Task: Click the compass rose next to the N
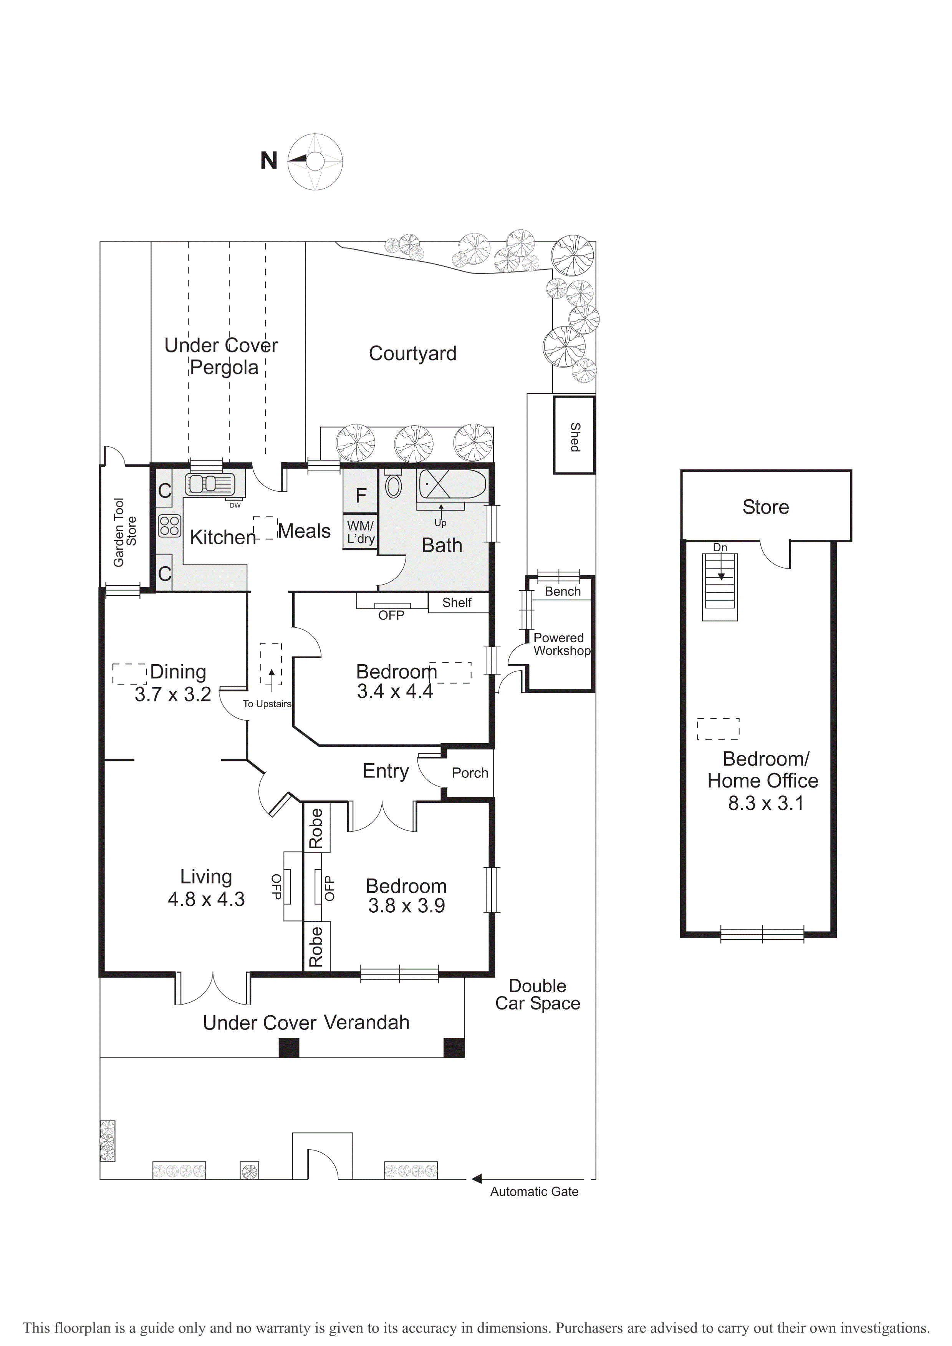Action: coord(315,162)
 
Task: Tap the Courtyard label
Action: coord(413,353)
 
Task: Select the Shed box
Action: coord(575,435)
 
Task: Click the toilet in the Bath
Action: coord(393,484)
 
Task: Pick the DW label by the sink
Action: coord(235,506)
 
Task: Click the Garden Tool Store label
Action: coord(125,532)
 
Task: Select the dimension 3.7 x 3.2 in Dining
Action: coord(173,695)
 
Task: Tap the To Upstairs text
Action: coord(267,704)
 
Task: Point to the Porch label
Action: coord(470,773)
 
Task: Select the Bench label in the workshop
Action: coord(563,592)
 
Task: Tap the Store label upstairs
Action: coord(766,507)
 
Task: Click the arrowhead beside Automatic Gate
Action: coord(477,1179)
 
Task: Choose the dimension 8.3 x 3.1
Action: coord(766,803)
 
